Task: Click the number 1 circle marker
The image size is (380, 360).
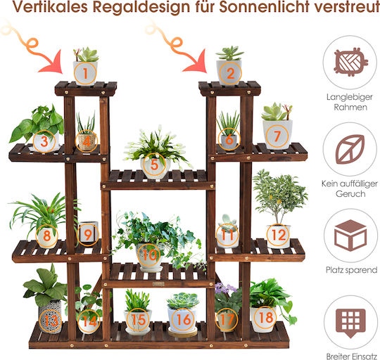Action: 85,73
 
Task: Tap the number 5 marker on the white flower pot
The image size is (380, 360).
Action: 155,165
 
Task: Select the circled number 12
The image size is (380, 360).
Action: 278,235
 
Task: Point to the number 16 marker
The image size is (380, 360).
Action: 183,319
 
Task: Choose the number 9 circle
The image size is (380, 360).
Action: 88,234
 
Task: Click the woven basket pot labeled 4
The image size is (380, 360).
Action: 87,142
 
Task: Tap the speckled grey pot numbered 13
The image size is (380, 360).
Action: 50,316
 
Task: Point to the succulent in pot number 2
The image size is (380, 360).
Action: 229,53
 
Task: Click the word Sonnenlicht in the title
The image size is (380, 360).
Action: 264,6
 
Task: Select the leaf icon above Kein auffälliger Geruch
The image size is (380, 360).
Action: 350,149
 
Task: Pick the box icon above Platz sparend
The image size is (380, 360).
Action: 350,235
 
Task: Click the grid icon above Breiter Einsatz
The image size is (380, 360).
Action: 350,323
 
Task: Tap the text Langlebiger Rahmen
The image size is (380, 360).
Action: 350,102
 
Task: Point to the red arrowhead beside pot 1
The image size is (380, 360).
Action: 52,63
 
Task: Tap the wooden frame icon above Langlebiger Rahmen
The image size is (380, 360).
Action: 350,62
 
